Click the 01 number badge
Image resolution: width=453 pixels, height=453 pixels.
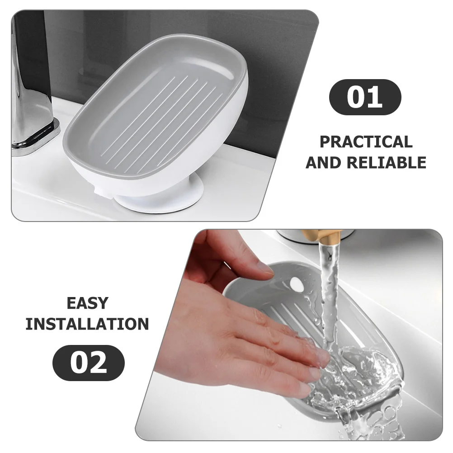click(364, 97)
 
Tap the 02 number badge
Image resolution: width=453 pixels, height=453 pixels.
click(89, 363)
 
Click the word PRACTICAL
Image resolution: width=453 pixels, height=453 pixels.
click(366, 142)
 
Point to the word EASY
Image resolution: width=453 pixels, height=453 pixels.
click(88, 303)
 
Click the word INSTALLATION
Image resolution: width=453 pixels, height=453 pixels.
click(87, 324)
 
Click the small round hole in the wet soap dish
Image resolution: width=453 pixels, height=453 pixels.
click(296, 284)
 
